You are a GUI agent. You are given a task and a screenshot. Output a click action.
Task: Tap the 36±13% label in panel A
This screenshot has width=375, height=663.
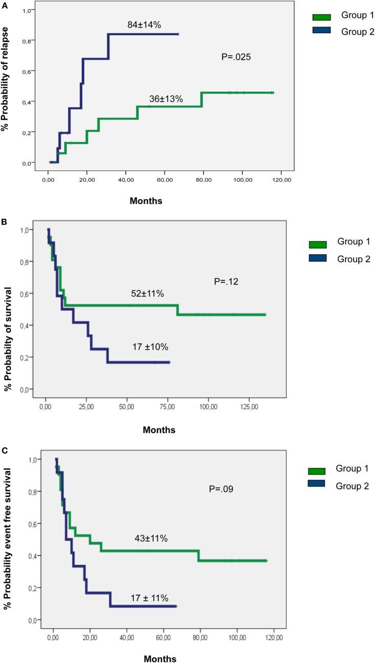[166, 99]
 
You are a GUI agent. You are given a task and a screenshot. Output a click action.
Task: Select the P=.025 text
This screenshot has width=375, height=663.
[236, 57]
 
